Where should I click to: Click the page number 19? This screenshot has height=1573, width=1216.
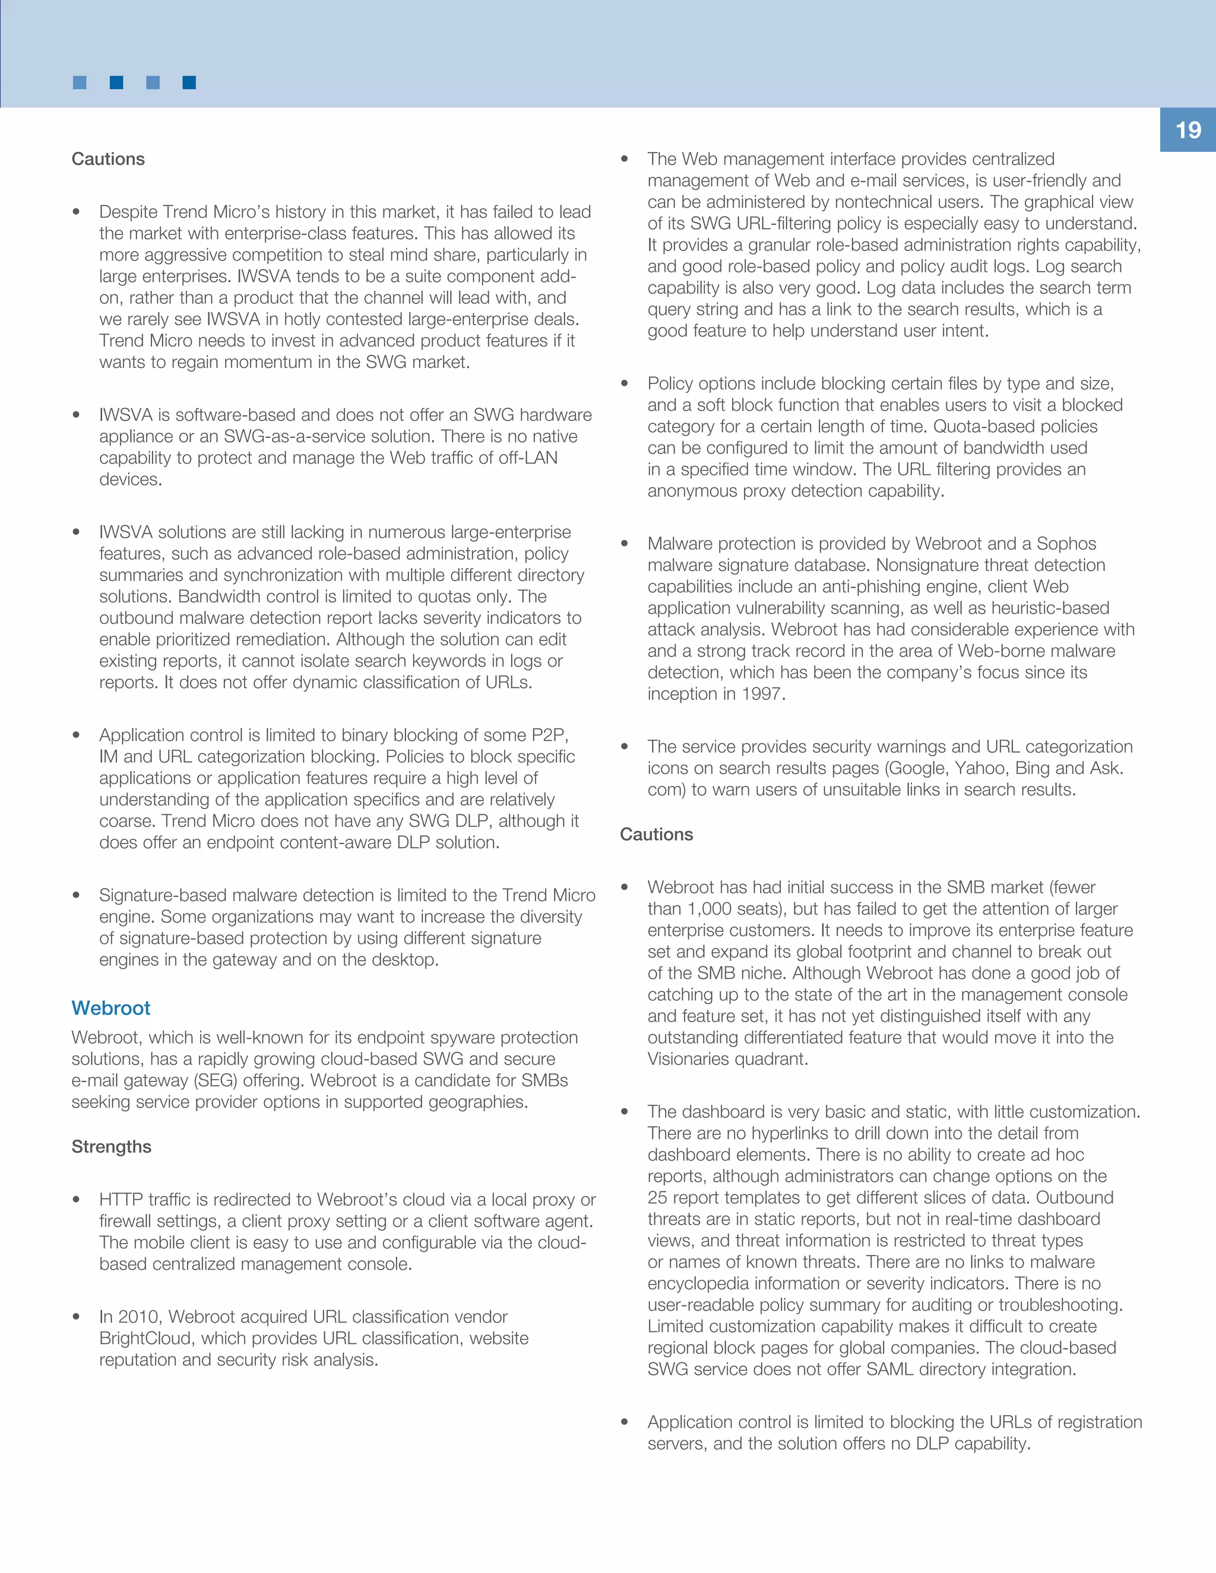click(x=1188, y=131)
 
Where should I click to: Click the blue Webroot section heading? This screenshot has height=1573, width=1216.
click(x=111, y=1008)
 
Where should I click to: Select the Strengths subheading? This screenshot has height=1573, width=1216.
click(x=111, y=1147)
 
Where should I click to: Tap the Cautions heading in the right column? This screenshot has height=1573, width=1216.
click(x=656, y=834)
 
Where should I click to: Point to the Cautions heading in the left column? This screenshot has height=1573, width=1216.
click(x=108, y=158)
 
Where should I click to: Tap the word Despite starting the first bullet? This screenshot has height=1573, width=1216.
click(x=128, y=212)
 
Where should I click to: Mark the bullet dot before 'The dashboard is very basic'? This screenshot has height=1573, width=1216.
click(x=625, y=1112)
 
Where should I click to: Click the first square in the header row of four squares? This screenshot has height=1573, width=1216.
click(x=80, y=83)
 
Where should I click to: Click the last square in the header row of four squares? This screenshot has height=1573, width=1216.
click(x=189, y=83)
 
